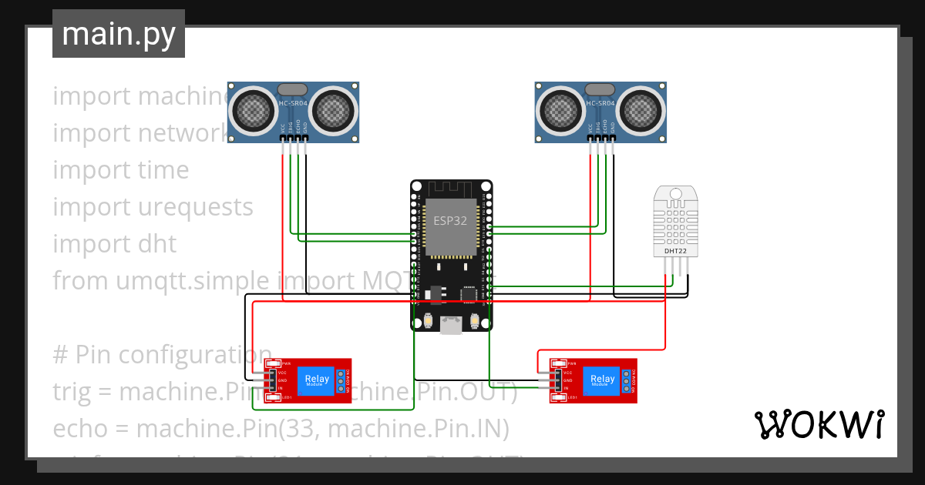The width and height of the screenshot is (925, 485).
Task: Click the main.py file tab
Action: coord(118,34)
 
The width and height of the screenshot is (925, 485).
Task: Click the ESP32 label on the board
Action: coord(450,220)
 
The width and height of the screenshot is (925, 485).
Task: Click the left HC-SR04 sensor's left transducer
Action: coord(254,109)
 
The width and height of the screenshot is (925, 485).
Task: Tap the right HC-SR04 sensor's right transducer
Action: coord(640,109)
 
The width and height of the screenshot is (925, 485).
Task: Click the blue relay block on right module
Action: coord(602,380)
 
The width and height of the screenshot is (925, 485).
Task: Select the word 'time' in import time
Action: coord(163,170)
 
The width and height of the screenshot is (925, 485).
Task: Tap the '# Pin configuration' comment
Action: coord(162,355)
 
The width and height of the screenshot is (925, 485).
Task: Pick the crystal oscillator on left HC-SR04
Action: coord(294,89)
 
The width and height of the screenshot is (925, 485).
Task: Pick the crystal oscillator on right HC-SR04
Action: coord(600,89)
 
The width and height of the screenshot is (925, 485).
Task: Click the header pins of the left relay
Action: coord(271,380)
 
